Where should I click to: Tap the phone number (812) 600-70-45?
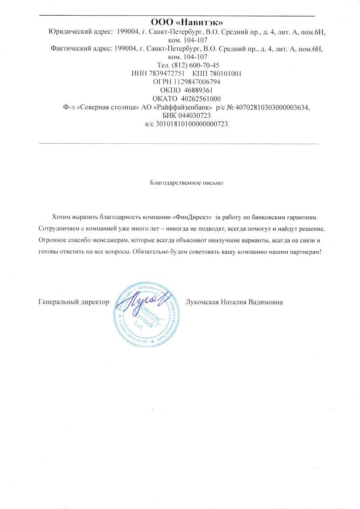(191, 65)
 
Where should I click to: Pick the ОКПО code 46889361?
(192, 90)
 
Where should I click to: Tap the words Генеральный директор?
(74, 302)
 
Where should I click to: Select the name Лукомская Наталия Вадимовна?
(234, 302)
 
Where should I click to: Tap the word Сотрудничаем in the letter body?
(59, 228)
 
